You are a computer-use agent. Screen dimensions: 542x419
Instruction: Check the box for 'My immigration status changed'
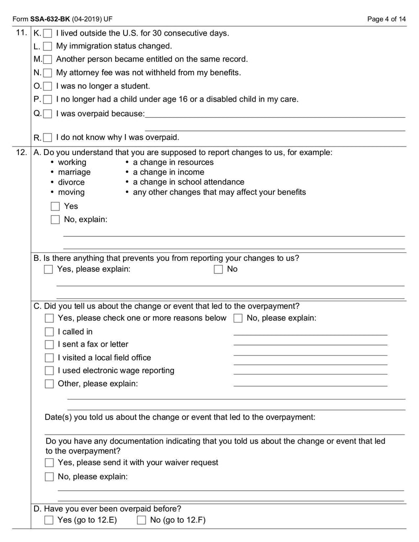(48, 47)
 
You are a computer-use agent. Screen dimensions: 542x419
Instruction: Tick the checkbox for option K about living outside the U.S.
(48, 34)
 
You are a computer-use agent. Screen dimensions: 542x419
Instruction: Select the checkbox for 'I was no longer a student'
(48, 86)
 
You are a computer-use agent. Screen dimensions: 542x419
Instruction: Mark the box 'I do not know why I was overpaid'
(48, 138)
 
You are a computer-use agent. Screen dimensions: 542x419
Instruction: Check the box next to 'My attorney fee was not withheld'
(48, 73)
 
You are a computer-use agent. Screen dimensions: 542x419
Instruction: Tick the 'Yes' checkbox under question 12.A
(55, 206)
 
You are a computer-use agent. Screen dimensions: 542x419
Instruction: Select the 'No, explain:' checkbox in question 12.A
(55, 220)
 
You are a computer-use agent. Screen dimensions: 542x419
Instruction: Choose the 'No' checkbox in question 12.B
(218, 269)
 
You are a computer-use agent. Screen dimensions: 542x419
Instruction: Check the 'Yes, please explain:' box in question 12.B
(49, 269)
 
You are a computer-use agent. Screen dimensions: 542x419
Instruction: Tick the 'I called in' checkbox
(49, 332)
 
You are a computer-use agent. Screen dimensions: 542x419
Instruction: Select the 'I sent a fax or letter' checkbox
(49, 345)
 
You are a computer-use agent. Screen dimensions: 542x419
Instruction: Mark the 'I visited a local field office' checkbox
(49, 358)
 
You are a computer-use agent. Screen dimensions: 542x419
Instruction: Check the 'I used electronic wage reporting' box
(49, 371)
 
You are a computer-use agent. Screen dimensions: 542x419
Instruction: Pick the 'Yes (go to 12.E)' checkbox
(49, 521)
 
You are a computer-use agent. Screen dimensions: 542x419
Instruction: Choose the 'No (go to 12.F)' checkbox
(141, 521)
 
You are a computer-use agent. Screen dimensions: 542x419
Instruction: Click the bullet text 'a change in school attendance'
(188, 182)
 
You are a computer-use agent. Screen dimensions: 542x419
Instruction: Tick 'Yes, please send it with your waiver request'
(49, 463)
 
